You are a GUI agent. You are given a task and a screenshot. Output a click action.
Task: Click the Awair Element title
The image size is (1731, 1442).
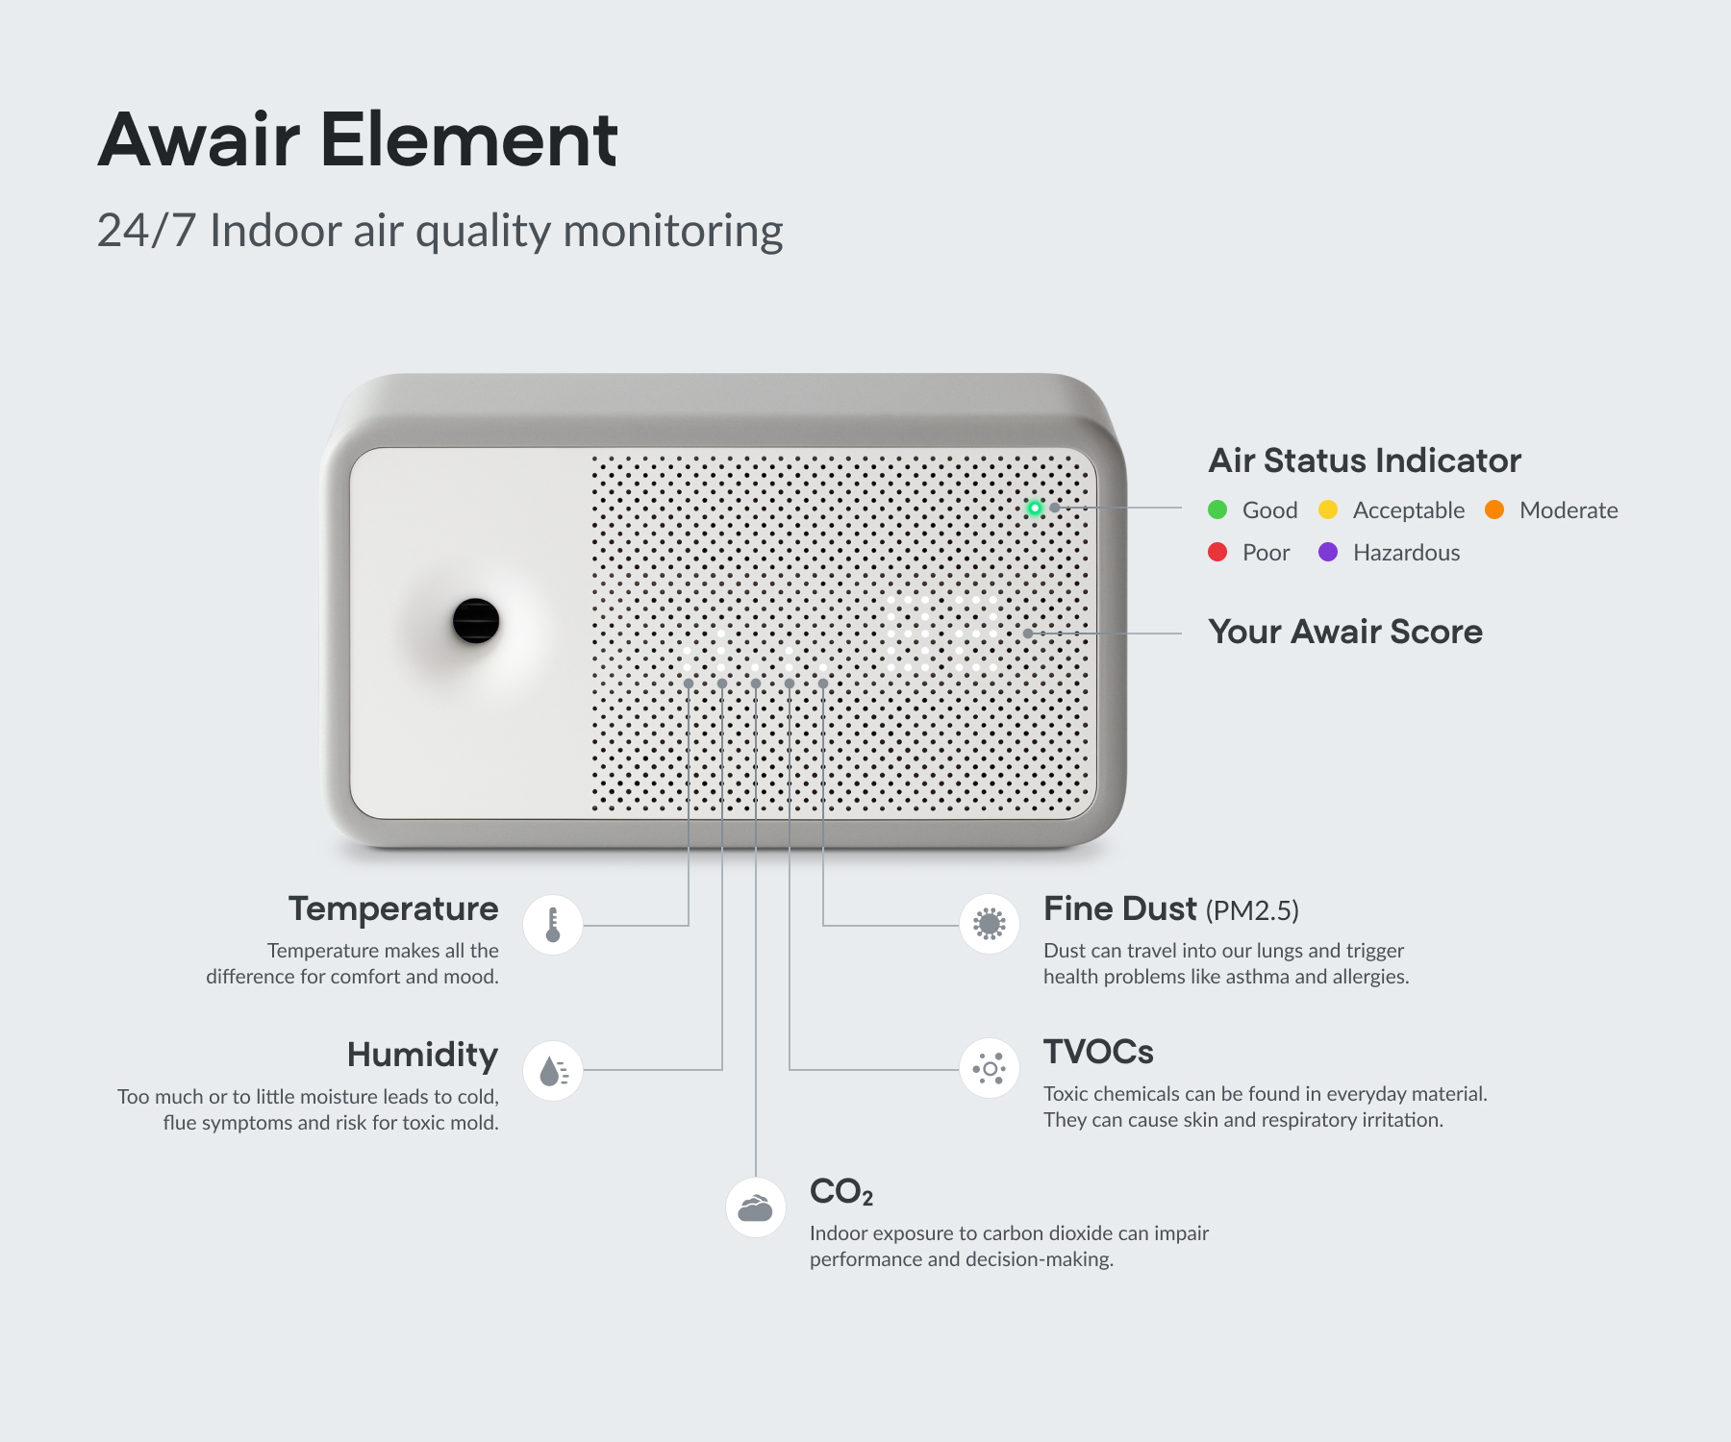coord(357,139)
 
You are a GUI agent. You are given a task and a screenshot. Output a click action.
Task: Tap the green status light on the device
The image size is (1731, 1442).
coord(1035,508)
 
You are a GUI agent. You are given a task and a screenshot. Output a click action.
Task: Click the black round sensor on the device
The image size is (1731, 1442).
coord(476,620)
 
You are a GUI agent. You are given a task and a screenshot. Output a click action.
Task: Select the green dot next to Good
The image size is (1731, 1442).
coord(1217,510)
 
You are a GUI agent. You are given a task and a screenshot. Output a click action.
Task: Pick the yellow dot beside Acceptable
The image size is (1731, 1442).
coord(1328,510)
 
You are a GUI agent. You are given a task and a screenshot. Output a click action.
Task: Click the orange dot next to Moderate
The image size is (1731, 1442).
coord(1494,510)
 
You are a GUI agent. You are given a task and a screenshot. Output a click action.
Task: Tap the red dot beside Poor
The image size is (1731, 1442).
coord(1217,552)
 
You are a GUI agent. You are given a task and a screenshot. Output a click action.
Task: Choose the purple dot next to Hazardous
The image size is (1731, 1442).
coord(1328,552)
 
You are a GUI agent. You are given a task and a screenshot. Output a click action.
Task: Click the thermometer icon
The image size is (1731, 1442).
coord(553,925)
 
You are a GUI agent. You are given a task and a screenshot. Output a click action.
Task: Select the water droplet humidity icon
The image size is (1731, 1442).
coord(553,1070)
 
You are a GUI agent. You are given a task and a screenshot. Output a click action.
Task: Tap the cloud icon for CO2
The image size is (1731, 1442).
coord(756,1207)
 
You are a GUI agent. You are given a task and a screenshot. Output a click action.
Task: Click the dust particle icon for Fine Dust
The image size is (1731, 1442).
coord(990,924)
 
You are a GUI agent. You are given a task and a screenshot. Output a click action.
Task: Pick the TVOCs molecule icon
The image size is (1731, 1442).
coord(990,1068)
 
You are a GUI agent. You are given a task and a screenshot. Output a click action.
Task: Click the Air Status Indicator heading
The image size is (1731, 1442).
coord(1365,460)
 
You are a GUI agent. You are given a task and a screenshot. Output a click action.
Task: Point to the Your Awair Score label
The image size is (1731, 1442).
coord(1345,632)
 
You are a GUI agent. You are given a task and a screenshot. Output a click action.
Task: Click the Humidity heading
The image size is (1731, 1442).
coord(423,1055)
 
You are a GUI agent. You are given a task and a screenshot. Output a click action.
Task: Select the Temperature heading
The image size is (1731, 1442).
coord(393,908)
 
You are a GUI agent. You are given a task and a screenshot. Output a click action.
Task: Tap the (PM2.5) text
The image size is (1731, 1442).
coord(1252,910)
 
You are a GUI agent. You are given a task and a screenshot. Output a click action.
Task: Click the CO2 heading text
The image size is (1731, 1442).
coord(841,1192)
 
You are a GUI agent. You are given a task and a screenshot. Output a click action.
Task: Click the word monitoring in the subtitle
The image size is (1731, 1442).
coord(673,232)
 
